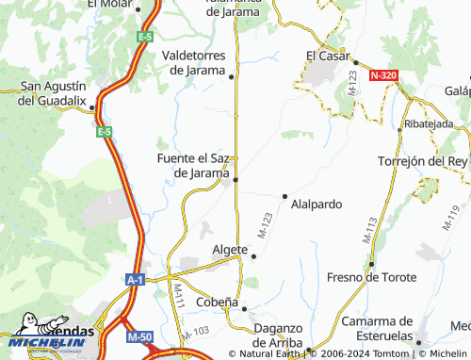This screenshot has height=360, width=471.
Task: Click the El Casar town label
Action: [328, 56]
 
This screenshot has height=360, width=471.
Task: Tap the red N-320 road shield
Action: [383, 74]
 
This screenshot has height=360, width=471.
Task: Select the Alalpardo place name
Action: [316, 204]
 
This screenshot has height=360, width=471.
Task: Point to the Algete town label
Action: [230, 250]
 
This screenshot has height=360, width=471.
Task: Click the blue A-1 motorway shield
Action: [136, 280]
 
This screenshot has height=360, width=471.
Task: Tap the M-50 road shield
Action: [140, 336]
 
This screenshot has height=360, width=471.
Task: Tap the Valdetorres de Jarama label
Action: [195, 62]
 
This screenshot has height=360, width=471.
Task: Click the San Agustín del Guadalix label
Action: [54, 93]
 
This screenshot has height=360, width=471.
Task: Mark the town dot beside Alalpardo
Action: [284, 196]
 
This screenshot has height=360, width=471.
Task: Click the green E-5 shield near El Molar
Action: [144, 37]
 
